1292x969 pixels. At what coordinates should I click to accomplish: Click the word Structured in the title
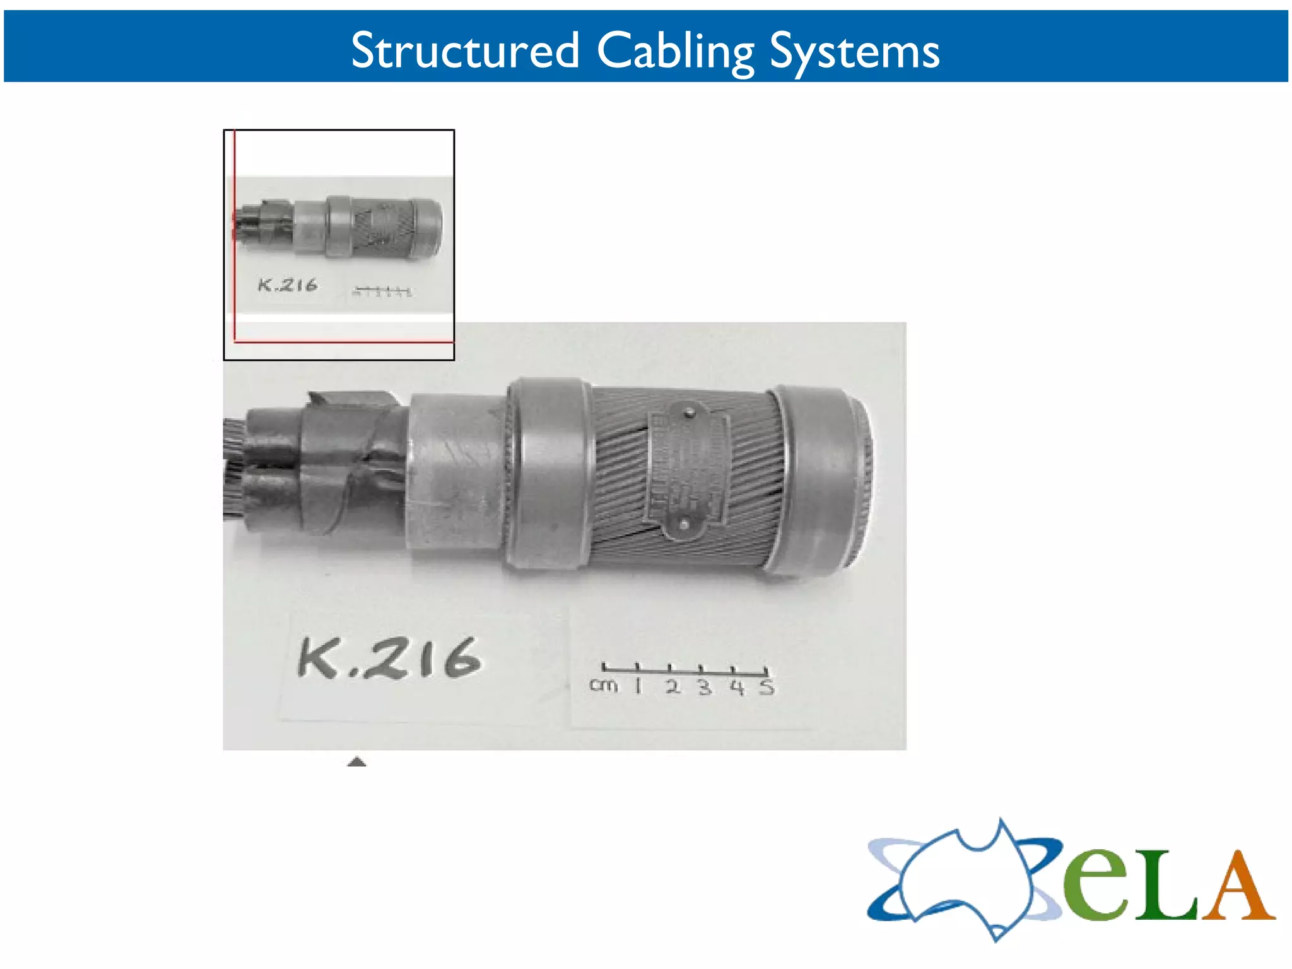(465, 50)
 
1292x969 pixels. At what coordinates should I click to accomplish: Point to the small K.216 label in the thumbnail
(287, 285)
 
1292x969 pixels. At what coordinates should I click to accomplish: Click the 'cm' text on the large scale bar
(603, 685)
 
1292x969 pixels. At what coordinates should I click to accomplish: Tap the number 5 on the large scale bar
(766, 686)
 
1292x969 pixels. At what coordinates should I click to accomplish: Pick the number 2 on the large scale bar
(673, 686)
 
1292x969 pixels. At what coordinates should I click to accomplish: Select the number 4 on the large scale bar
(736, 686)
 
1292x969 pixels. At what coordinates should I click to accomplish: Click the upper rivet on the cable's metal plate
(690, 413)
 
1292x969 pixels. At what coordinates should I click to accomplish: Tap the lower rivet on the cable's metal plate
(684, 524)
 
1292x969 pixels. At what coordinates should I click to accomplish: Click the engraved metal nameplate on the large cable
(688, 469)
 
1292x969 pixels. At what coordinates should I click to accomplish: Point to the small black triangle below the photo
(357, 761)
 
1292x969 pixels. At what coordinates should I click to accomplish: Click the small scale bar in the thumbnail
(382, 291)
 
